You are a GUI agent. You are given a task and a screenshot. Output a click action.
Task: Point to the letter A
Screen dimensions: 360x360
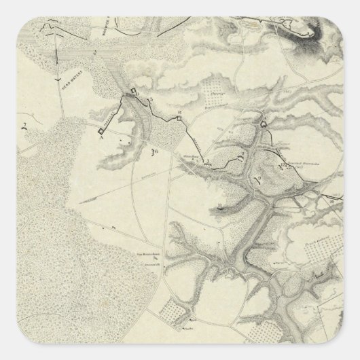pyautogui.click(x=101, y=137)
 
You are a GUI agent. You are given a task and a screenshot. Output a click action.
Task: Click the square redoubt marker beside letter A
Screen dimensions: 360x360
pyautogui.click(x=100, y=130)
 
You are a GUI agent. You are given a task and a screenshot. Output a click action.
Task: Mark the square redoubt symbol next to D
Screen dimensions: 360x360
pyautogui.click(x=134, y=90)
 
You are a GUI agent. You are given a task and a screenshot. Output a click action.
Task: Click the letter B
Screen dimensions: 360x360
pyautogui.click(x=179, y=111)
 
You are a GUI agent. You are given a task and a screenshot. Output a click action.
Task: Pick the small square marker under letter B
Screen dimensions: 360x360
pyautogui.click(x=179, y=118)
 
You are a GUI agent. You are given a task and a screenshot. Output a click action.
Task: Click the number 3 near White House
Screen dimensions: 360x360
pyautogui.click(x=208, y=161)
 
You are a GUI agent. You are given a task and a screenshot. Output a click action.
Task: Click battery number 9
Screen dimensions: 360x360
pyautogui.click(x=257, y=179)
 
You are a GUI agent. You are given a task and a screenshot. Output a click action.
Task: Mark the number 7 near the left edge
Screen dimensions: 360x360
pyautogui.click(x=24, y=124)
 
